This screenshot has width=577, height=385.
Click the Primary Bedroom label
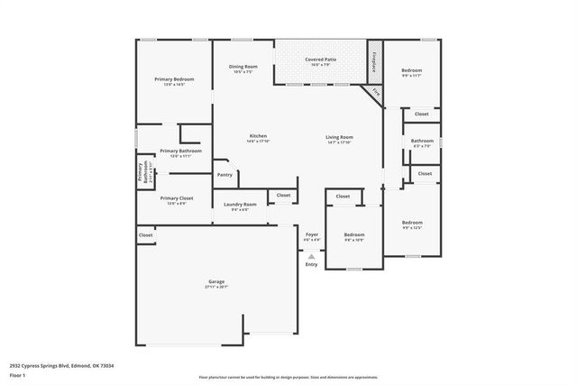tap(174, 78)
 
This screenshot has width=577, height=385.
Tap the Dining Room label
tap(243, 66)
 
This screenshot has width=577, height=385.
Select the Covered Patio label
tap(321, 60)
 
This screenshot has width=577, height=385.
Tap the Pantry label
tap(224, 174)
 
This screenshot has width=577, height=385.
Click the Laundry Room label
tap(241, 204)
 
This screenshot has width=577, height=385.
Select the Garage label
tap(217, 281)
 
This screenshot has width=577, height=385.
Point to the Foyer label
tap(312, 234)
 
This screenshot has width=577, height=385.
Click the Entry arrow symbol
tap(312, 256)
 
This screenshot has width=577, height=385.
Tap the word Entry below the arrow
tap(312, 264)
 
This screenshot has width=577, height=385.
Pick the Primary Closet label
tap(177, 197)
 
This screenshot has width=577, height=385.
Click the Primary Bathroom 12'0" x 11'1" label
tap(180, 151)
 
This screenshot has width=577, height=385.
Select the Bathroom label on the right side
tap(422, 141)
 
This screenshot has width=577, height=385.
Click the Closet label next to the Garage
tap(145, 235)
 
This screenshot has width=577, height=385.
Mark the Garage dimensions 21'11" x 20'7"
tap(217, 287)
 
